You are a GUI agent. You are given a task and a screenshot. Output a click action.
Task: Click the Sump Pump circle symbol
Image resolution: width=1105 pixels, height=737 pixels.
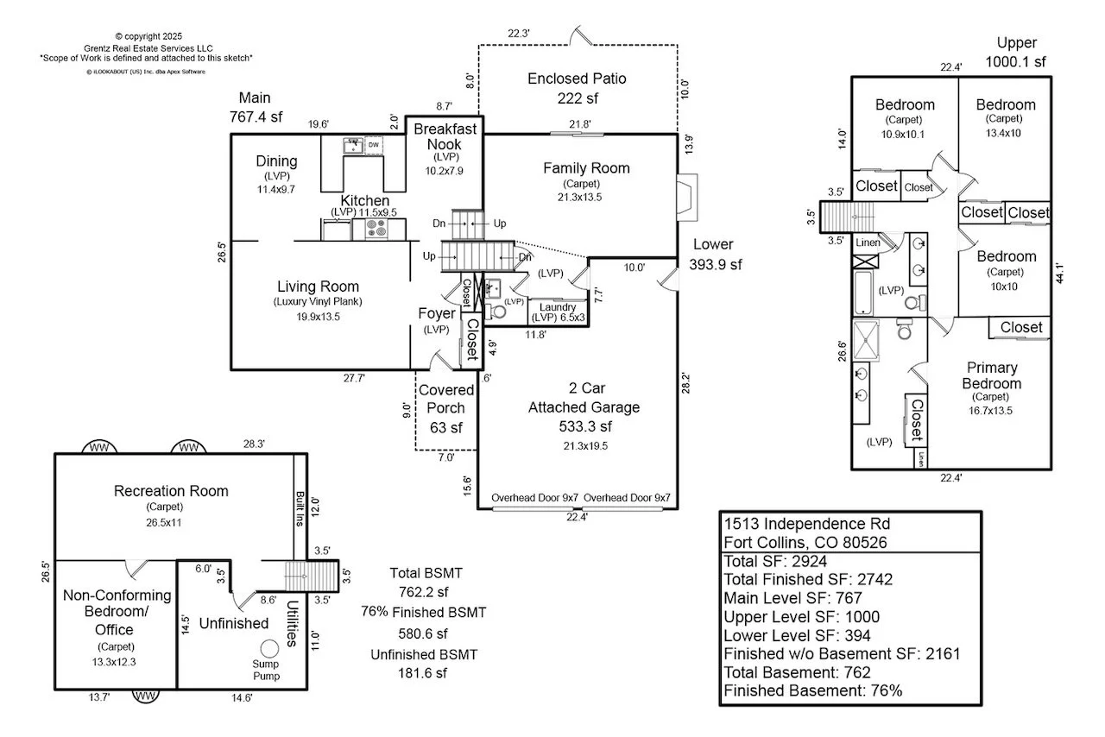point(270,648)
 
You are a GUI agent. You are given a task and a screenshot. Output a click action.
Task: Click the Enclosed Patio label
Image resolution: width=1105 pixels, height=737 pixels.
point(577,79)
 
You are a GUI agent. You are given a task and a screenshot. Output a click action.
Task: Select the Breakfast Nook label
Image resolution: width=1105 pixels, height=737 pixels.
point(445,136)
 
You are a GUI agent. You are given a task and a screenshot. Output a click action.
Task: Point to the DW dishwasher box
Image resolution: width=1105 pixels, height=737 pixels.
point(374,144)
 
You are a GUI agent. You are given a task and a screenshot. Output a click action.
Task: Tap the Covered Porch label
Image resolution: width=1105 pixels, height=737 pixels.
point(446,400)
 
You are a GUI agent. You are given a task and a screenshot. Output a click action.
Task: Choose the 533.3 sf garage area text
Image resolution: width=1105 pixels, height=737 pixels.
point(584,425)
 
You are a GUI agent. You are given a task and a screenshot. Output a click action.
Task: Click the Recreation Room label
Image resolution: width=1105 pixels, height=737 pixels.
point(171,491)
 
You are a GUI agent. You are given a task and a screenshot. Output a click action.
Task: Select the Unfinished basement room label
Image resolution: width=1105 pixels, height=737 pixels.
point(234,622)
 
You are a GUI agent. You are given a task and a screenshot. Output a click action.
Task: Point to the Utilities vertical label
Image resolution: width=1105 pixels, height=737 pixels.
point(293,623)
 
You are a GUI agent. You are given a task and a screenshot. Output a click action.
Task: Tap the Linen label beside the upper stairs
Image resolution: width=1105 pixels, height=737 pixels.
point(868,243)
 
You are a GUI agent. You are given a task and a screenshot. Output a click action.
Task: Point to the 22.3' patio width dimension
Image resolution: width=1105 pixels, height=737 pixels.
point(519,33)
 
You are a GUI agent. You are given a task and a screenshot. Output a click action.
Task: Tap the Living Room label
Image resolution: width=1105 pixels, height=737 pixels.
point(318,287)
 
